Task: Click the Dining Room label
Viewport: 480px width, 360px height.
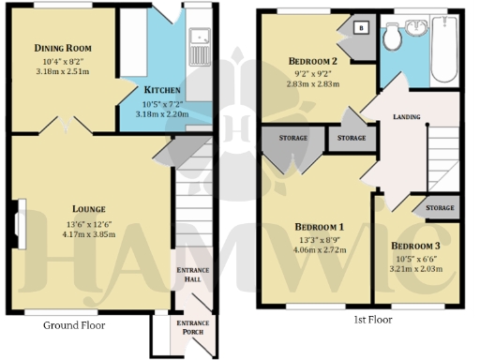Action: point(62,48)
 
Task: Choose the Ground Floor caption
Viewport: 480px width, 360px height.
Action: point(74,325)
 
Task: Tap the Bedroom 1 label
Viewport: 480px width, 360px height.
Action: point(320,227)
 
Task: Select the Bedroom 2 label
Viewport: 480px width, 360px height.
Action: point(313,63)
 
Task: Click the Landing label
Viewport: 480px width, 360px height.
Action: point(407,117)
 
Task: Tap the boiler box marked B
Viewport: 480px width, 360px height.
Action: point(361,27)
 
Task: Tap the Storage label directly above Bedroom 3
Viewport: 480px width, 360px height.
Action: point(439,207)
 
